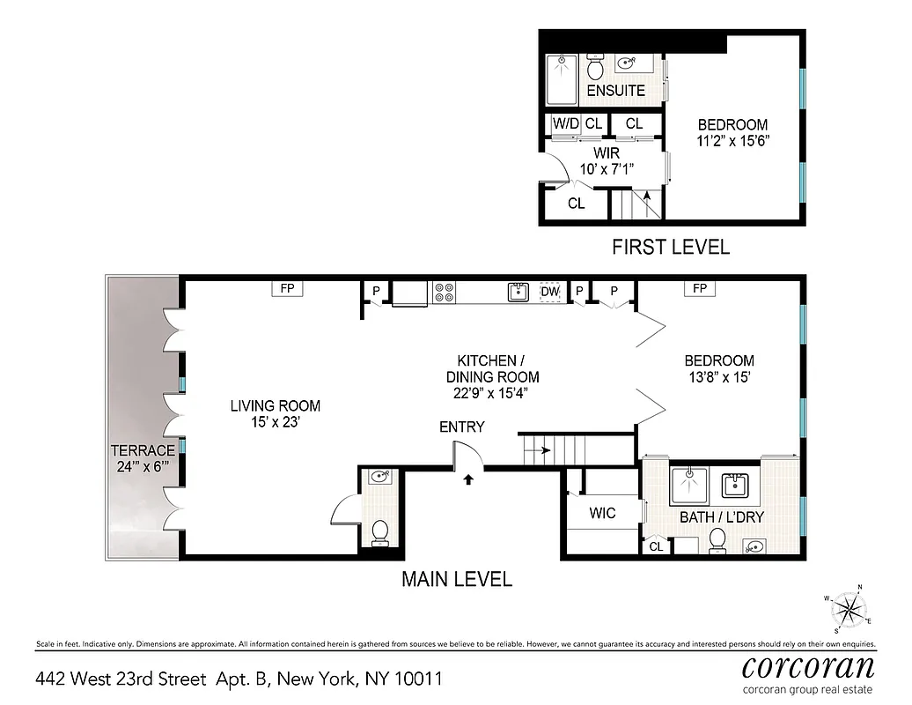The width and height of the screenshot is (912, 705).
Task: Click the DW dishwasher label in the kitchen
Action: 550,292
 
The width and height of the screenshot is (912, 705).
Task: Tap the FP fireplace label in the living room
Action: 287,288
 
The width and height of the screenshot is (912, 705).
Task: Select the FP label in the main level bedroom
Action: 700,288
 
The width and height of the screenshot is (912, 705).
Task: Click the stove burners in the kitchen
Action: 444,292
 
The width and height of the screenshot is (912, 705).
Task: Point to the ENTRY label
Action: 462,427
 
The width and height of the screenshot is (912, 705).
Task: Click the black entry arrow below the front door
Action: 468,480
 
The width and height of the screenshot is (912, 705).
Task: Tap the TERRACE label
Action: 143,450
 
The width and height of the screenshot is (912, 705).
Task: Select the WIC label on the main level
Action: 603,513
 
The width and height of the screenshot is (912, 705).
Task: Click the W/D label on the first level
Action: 566,124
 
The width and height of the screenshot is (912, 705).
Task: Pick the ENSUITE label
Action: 616,91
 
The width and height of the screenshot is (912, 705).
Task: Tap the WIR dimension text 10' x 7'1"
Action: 607,169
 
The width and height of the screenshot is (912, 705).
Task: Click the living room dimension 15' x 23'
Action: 276,423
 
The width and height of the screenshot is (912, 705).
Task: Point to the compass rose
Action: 850,608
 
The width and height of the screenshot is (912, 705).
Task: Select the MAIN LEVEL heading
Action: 457,579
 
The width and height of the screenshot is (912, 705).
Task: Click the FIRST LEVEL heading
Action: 671,247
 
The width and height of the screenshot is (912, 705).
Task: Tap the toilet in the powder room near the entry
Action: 381,532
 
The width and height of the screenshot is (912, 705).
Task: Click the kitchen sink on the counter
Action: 518,292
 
